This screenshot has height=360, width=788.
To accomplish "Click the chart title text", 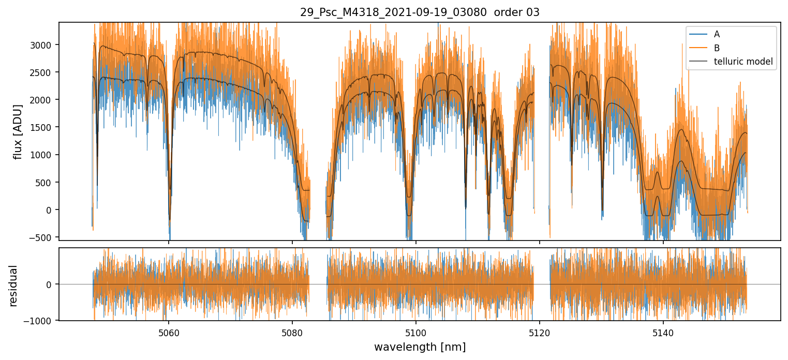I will point(420,12).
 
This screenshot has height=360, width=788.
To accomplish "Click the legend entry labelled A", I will point(717,35).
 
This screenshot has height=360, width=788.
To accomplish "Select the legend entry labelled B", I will point(717,48).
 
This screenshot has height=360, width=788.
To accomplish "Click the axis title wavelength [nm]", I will point(420,347).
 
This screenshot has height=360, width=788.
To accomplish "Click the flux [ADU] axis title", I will point(19,131).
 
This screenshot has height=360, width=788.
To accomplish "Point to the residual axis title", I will point(13,286).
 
